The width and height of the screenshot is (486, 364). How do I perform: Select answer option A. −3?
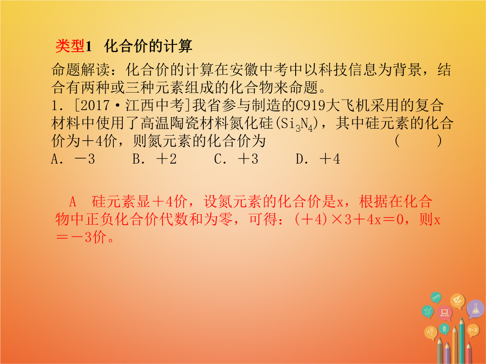click(x=73, y=159)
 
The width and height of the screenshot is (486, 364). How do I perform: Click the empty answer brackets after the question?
click(x=418, y=141)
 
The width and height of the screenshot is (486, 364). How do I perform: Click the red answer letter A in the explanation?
click(x=72, y=202)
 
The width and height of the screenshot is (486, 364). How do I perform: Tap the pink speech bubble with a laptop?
click(x=445, y=313)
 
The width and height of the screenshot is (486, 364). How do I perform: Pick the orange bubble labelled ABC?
click(x=431, y=333)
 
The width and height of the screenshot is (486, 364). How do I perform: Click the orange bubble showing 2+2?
click(x=472, y=330)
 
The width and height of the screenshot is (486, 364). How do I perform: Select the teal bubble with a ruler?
click(x=436, y=297)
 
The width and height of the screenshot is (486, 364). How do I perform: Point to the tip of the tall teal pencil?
click(x=462, y=319)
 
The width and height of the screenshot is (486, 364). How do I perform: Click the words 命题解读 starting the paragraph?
click(x=81, y=70)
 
